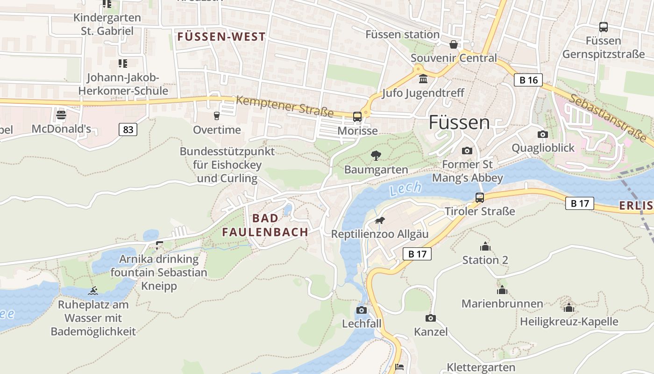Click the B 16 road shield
point(528,80)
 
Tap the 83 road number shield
point(128,129)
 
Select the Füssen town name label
point(459,122)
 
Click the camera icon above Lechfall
point(361,310)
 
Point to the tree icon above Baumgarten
point(376,156)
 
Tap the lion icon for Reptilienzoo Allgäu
point(380,220)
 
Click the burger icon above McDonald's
point(61,115)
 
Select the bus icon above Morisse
point(357,116)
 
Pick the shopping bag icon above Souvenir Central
point(453,44)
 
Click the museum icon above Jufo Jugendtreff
point(423,79)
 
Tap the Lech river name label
point(405,189)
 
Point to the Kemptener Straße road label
point(284,107)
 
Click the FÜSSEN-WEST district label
point(221,37)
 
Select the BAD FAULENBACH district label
point(265,225)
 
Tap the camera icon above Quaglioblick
point(542,134)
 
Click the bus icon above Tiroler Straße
point(479,197)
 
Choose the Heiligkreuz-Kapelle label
point(569,322)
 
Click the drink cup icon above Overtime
point(216,115)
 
